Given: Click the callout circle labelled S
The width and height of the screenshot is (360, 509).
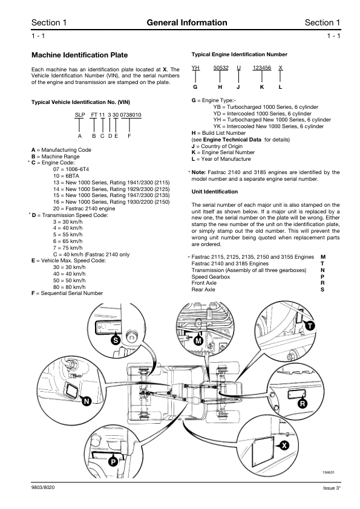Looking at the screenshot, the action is pyautogui.click(x=116, y=340).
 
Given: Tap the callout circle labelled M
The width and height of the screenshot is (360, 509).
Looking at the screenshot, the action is pyautogui.click(x=198, y=341).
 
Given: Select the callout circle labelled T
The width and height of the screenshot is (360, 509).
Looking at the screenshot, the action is pyautogui.click(x=310, y=326).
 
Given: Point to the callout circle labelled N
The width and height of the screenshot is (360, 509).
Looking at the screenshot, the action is pyautogui.click(x=86, y=401).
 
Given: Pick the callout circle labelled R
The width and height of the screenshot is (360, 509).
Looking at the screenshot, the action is pyautogui.click(x=303, y=404).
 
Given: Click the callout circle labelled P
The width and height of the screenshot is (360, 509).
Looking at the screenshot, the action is pyautogui.click(x=113, y=462).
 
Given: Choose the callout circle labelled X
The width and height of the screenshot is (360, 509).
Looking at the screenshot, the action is pyautogui.click(x=284, y=446).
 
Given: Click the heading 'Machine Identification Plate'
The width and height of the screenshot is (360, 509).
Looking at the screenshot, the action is pyautogui.click(x=80, y=55).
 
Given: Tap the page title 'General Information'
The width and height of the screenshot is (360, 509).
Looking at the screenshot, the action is pyautogui.click(x=187, y=22).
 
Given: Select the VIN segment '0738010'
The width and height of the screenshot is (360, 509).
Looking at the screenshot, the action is pyautogui.click(x=131, y=115).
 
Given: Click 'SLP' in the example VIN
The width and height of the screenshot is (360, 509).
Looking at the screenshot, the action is pyautogui.click(x=80, y=115).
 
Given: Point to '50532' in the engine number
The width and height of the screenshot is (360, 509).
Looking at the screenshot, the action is pyautogui.click(x=221, y=68).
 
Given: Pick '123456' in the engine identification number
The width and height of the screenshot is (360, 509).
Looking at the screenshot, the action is pyautogui.click(x=262, y=68).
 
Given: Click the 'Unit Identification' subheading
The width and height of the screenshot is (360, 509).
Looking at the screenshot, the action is pyautogui.click(x=214, y=192).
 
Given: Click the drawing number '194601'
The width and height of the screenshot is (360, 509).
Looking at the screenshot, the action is pyautogui.click(x=328, y=472).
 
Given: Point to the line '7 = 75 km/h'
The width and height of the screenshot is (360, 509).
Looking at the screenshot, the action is pyautogui.click(x=68, y=248).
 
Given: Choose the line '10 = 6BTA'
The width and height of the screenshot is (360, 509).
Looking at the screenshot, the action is pyautogui.click(x=66, y=176).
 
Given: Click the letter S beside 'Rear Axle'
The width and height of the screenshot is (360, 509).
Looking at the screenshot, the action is pyautogui.click(x=322, y=290).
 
